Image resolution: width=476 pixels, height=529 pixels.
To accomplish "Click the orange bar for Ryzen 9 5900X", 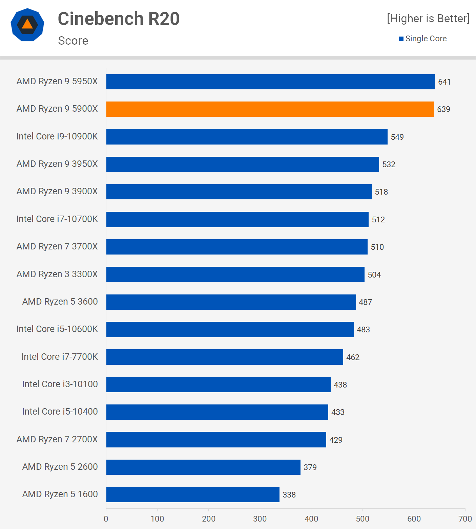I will [270, 109].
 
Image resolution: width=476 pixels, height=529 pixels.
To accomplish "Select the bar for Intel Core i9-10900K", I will [247, 137].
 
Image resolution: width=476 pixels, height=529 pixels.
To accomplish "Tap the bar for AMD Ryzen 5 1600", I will [193, 494].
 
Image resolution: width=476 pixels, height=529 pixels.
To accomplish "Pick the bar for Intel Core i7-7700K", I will [225, 357].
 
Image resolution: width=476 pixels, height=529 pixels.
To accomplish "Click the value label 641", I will [444, 82].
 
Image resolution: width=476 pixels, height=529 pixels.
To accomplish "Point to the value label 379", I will [310, 467].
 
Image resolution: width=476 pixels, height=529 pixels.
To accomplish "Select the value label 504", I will [374, 275].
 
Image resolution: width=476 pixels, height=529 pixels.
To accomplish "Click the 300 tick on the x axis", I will [260, 519].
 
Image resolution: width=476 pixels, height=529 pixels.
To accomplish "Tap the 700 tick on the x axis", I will [465, 519].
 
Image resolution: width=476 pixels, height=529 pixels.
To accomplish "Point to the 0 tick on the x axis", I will [106, 519].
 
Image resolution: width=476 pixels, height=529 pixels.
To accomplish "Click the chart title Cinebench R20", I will [119, 19].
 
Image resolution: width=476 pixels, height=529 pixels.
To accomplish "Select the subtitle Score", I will [73, 41].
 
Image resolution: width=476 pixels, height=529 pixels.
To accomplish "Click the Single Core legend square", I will [401, 39].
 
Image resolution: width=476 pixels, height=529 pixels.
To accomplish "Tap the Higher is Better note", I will [428, 19].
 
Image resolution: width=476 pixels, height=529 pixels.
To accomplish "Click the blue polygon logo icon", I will [27, 25].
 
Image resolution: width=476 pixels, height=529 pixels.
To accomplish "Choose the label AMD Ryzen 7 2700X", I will [57, 439].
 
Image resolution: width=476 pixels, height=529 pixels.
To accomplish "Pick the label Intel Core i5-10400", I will [60, 412].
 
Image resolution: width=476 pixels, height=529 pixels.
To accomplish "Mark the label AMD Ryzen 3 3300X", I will [57, 274].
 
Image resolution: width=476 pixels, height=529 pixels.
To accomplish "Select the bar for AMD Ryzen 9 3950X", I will [243, 164].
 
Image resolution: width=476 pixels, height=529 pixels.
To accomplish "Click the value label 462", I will [353, 357].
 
